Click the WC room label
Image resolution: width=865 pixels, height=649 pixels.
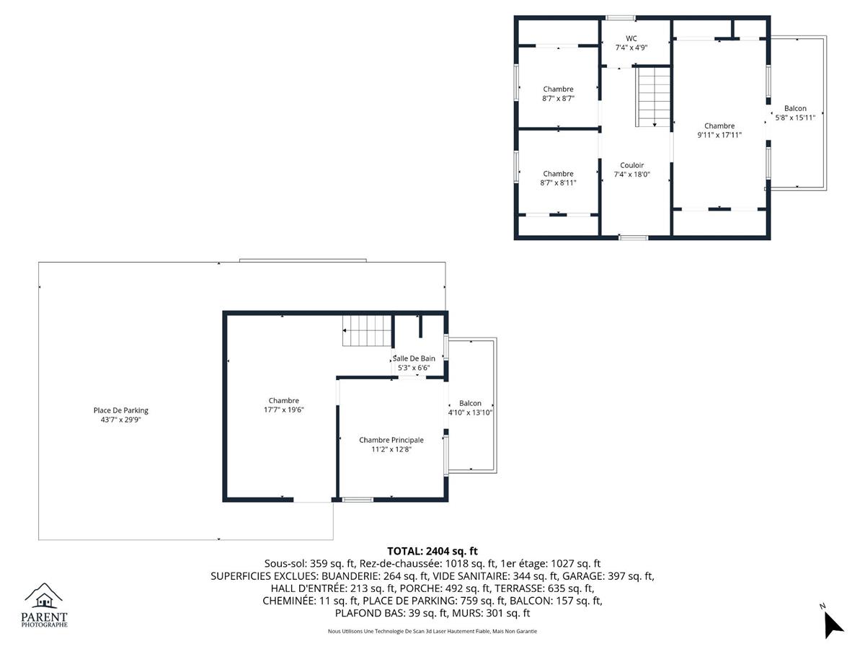pos(631,39)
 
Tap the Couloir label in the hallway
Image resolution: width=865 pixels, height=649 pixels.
pos(631,165)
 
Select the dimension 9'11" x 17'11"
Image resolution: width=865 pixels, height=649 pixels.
pos(719,135)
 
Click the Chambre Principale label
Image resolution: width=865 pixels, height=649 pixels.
pos(391,440)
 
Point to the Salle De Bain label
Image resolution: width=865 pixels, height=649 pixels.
pos(414,358)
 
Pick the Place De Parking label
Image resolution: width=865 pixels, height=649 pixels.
pos(121,410)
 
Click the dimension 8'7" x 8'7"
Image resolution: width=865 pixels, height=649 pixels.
pos(558,99)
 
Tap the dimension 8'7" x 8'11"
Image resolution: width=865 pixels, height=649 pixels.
pos(558,183)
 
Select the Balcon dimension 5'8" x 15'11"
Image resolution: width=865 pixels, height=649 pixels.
pos(795,118)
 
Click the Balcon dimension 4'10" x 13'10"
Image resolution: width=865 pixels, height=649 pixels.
pos(470,412)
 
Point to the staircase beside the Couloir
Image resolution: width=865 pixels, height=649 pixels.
pos(652,97)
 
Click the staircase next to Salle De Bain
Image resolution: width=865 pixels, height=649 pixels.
pos(366,330)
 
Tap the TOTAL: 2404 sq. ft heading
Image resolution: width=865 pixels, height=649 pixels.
pos(432,551)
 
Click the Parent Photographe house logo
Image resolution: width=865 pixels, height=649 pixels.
pos(44,596)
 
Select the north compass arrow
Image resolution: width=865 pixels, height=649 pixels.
pos(833,626)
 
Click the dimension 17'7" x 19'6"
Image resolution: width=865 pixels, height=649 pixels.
pos(284,410)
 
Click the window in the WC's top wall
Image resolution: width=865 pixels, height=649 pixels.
pos(621,18)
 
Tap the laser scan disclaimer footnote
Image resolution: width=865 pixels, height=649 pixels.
pos(432,631)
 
